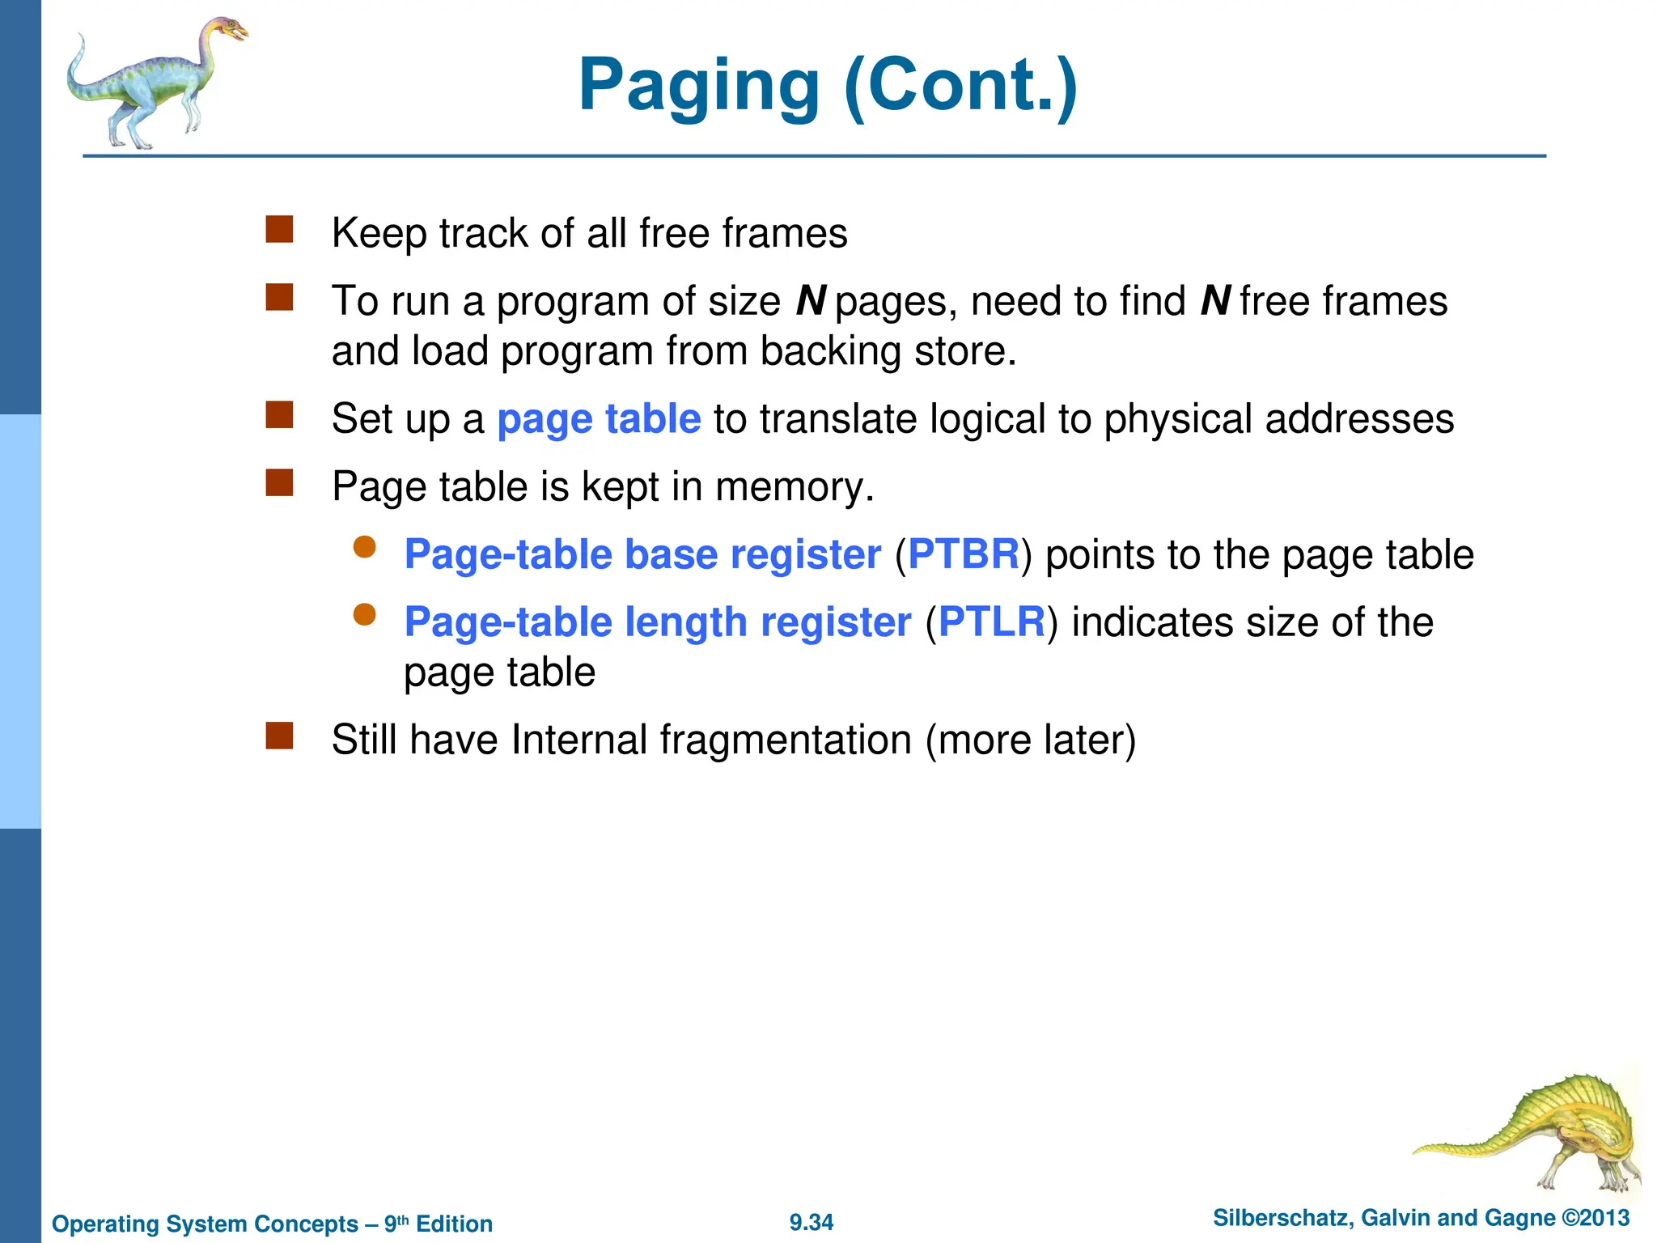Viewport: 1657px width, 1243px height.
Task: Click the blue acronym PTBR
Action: click(x=964, y=554)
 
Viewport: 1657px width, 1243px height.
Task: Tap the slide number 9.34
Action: click(x=812, y=1222)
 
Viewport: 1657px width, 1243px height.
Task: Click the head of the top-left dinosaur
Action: click(x=229, y=31)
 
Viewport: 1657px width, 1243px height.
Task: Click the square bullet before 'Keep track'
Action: click(x=279, y=230)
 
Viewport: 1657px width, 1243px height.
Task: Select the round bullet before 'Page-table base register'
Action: click(x=365, y=547)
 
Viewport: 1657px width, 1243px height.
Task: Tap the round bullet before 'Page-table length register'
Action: click(x=365, y=615)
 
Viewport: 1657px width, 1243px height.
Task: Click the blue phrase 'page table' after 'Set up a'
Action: click(x=599, y=419)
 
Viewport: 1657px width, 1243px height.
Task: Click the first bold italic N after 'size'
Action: click(x=811, y=301)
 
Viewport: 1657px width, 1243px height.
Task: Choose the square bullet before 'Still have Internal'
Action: click(x=279, y=736)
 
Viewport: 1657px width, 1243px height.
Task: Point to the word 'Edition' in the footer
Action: click(x=454, y=1224)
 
